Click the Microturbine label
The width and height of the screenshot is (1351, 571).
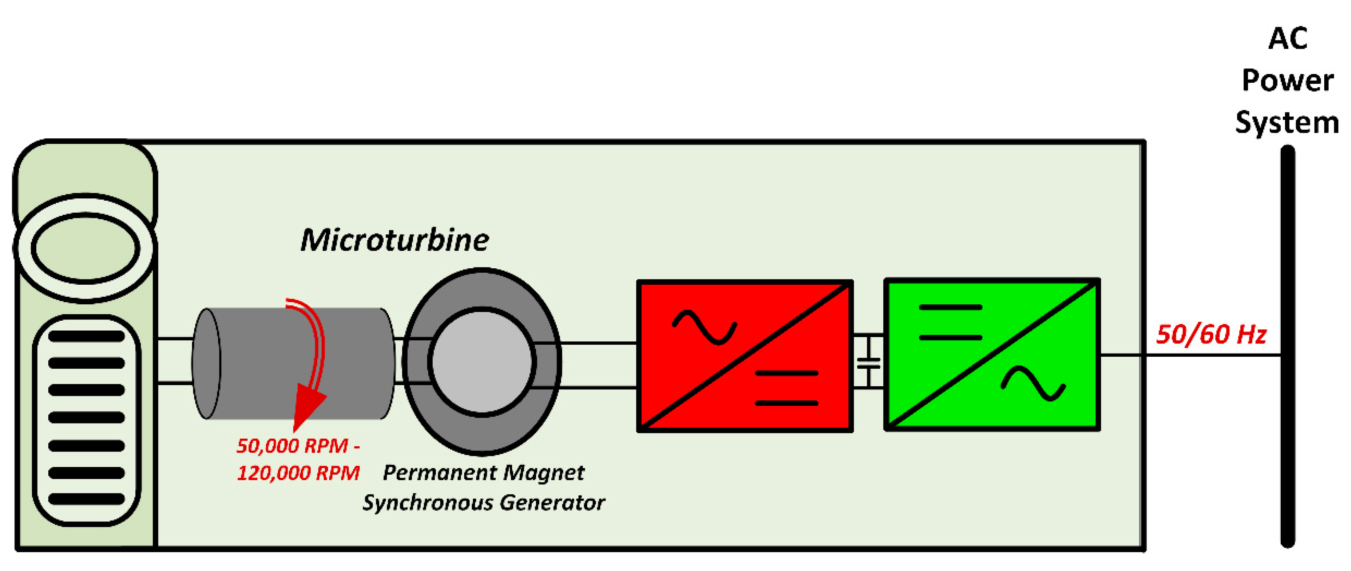(394, 240)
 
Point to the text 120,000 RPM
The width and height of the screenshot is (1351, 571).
(298, 473)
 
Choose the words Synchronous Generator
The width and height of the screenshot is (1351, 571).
(483, 503)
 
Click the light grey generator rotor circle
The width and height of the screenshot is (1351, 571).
(481, 361)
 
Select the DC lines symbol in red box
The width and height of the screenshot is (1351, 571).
(786, 388)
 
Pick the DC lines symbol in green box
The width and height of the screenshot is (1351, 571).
(950, 322)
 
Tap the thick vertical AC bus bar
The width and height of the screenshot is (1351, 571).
(1287, 346)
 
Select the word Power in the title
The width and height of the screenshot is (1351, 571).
(1287, 81)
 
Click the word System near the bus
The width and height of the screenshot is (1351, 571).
(1287, 123)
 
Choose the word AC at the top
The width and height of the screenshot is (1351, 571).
(1287, 39)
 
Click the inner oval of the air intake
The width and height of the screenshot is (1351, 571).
(85, 248)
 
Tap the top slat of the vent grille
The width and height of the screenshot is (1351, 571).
(87, 336)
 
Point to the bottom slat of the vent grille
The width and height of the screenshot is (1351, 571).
(87, 499)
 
